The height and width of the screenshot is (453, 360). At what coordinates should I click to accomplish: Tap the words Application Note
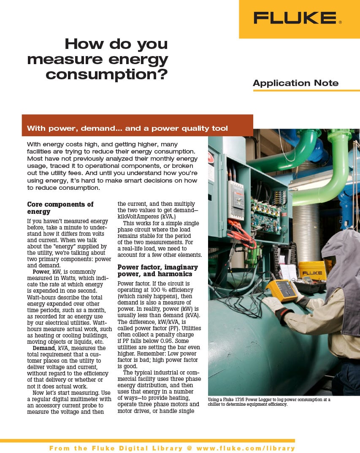295,83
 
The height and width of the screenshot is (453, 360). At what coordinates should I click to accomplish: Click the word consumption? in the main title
107,75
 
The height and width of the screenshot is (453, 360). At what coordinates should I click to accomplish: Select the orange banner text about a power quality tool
127,128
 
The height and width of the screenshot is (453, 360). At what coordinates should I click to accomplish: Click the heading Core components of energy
60,208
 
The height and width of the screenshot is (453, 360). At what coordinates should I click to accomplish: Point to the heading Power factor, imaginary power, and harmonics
157,271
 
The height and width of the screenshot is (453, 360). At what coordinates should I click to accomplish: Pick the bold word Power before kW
41,272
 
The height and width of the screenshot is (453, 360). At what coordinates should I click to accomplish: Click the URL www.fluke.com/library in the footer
245,448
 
